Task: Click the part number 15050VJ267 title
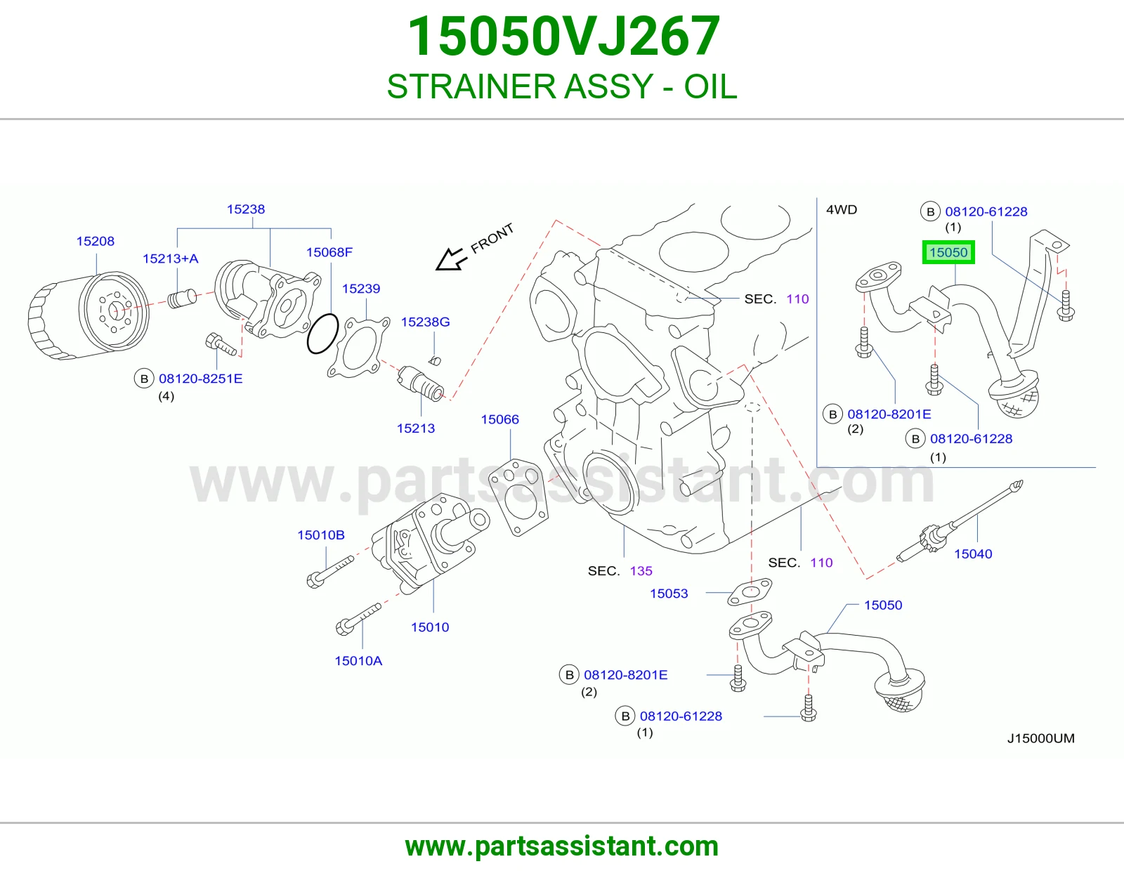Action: [563, 37]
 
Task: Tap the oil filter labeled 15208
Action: [89, 315]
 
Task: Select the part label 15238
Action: [246, 209]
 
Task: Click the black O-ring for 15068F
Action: [322, 334]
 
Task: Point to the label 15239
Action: [361, 289]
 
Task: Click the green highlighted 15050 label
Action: [948, 252]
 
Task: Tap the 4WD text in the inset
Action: [842, 209]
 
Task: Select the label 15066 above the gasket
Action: [499, 419]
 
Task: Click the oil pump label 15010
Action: [430, 627]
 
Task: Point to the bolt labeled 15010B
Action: [330, 572]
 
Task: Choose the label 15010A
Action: [358, 661]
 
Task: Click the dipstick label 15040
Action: [973, 554]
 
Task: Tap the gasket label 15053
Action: [669, 594]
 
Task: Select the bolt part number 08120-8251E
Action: [201, 379]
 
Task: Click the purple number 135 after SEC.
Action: [641, 571]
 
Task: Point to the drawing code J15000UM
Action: [1040, 738]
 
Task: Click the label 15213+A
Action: [171, 258]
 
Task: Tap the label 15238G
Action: [425, 322]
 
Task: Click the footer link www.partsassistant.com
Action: [562, 846]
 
